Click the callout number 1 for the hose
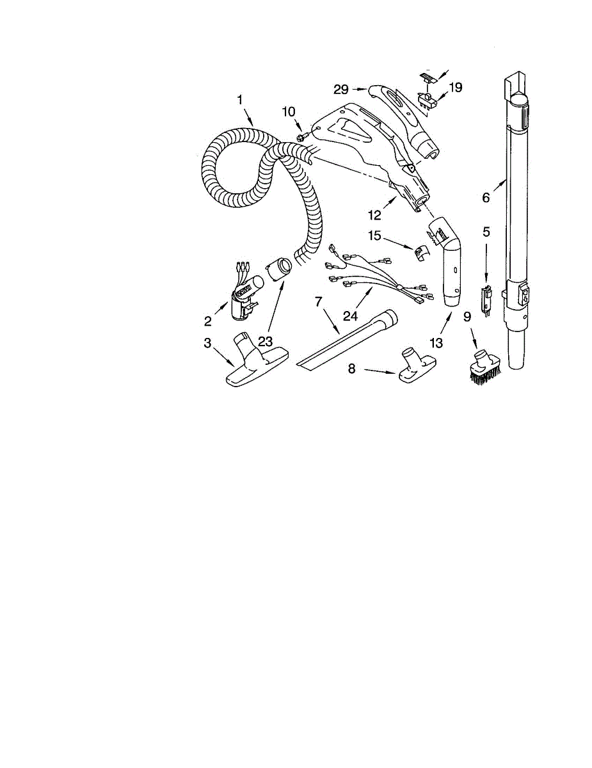click(x=240, y=100)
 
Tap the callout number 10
click(x=289, y=113)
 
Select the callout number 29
click(x=340, y=89)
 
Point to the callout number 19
click(x=455, y=87)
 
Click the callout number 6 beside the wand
click(x=486, y=198)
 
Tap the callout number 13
click(x=436, y=343)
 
